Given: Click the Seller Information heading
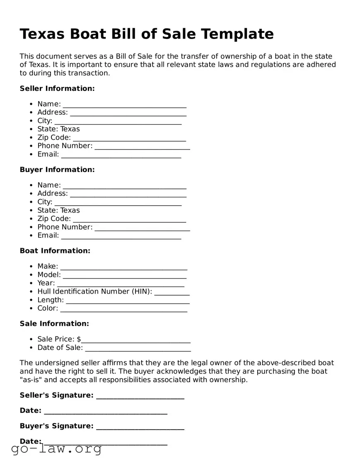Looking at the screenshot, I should [57, 88].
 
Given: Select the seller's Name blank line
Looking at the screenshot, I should [124, 104].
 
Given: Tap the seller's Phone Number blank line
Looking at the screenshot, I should [142, 146].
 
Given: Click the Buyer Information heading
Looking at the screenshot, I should [57, 170].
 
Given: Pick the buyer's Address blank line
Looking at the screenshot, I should [128, 194].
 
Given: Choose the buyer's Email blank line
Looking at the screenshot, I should [121, 236].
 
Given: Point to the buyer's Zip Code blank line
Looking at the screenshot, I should [129, 219].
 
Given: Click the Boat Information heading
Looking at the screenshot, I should [55, 251].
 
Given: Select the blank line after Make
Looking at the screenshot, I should [123, 267].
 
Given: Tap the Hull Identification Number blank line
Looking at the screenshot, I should [172, 292].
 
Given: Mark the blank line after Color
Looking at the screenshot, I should [123, 309].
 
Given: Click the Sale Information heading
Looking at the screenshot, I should [54, 323].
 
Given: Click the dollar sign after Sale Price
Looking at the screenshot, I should [79, 339].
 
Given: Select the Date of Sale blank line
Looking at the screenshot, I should [138, 348].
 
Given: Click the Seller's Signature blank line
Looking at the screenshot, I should [140, 396].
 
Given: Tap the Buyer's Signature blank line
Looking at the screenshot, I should [140, 427].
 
